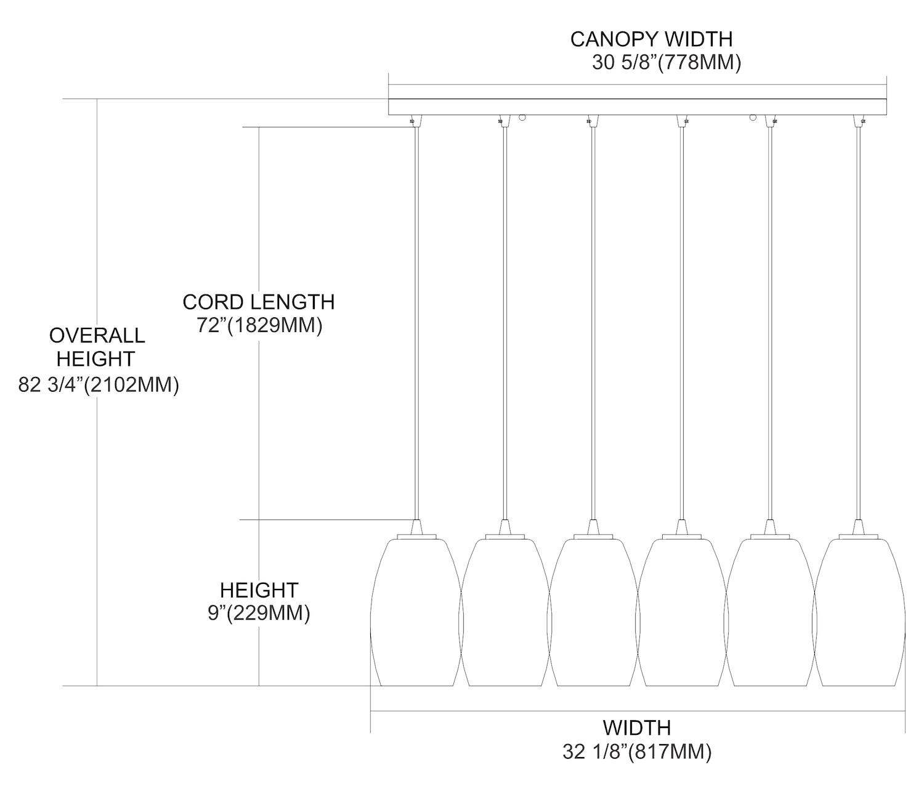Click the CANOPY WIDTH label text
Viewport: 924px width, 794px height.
[651, 39]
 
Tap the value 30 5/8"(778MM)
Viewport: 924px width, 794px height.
[666, 63]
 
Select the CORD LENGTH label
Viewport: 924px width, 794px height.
[259, 302]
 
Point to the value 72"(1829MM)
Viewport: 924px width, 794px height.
[259, 325]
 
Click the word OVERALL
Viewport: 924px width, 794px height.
[97, 336]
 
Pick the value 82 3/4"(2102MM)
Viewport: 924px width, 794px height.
[99, 385]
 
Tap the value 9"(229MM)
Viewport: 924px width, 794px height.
[259, 614]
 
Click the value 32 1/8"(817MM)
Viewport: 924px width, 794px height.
[637, 752]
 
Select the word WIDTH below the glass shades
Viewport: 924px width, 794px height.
[637, 728]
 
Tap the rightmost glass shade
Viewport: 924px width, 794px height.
[859, 613]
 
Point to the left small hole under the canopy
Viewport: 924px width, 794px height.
[522, 117]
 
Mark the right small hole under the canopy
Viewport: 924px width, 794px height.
[752, 117]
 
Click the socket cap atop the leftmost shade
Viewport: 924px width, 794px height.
[416, 527]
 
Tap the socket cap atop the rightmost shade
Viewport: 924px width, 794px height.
[859, 527]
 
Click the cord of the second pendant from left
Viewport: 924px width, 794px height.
[505, 320]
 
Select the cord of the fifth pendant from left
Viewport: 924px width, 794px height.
[770, 320]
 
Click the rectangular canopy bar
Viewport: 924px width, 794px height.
[637, 107]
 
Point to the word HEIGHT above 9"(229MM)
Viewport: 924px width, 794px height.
[259, 590]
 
